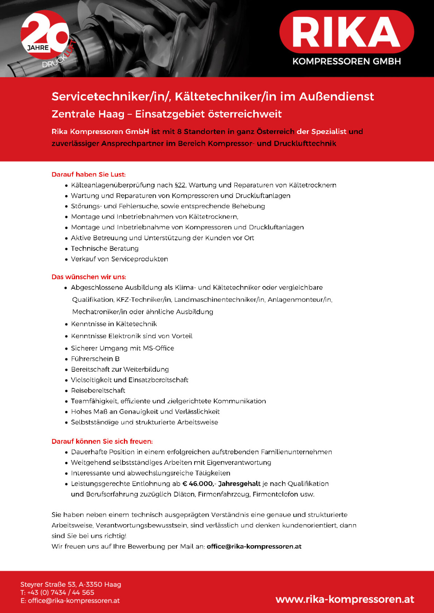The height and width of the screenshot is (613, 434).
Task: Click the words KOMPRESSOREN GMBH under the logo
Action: click(346, 62)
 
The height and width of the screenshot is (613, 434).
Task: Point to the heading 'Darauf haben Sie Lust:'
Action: click(89, 174)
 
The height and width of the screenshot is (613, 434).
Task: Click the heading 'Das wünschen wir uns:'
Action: click(89, 277)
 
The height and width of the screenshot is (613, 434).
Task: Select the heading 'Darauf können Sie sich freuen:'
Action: click(102, 441)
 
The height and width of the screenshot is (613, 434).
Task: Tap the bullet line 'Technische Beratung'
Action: click(105, 249)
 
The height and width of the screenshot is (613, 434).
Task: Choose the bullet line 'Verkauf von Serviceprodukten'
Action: click(119, 259)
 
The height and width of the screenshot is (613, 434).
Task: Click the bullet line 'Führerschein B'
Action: click(95, 359)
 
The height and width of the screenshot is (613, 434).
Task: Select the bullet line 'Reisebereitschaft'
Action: click(98, 390)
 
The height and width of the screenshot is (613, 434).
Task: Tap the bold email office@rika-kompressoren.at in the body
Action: click(254, 546)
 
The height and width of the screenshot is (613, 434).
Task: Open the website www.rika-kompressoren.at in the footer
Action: click(345, 599)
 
